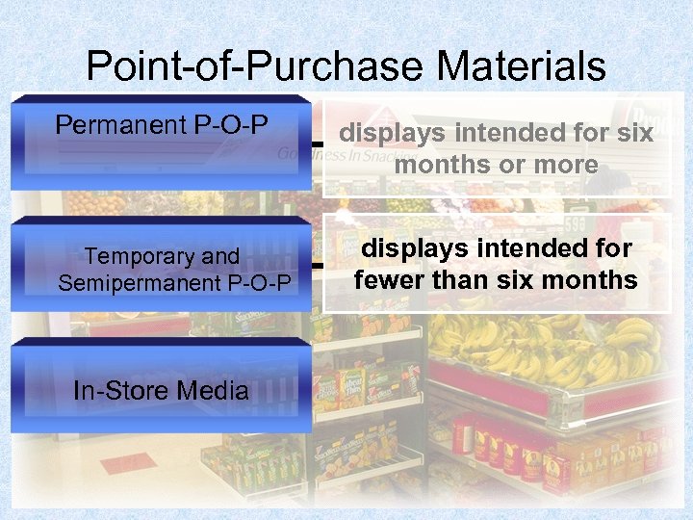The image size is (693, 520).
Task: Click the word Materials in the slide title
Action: (x=521, y=66)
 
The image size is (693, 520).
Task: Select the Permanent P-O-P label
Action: (x=161, y=125)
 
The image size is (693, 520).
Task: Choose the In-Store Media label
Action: (x=161, y=390)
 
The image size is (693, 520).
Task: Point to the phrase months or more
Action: (x=496, y=165)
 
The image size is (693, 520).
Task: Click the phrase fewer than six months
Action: (x=496, y=279)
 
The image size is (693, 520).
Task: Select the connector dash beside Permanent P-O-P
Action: (x=317, y=143)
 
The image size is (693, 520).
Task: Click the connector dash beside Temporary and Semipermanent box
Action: (x=317, y=263)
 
